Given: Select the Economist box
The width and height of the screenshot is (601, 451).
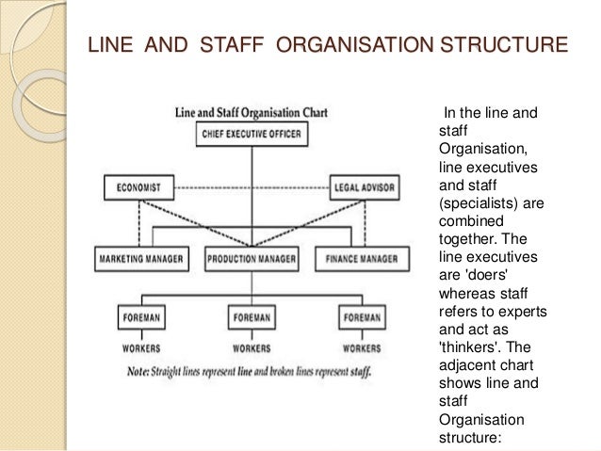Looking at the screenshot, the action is coord(138,186).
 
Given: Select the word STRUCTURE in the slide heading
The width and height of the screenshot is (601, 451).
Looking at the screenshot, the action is coord(508,44).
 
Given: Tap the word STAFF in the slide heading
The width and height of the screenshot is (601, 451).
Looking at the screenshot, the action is coord(234,44).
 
